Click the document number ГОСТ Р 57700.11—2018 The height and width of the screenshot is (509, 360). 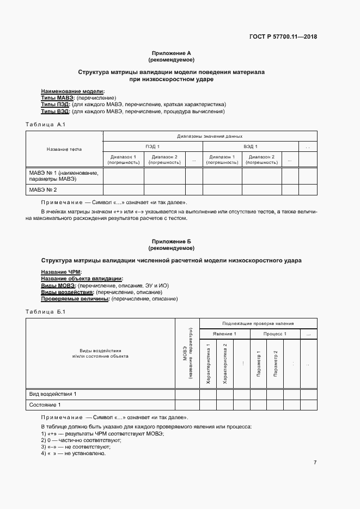pos(283,37)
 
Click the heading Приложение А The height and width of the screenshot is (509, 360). pos(171,53)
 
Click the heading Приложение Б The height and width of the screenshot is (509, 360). pos(171,241)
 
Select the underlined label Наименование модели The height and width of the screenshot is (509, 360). pos(73,91)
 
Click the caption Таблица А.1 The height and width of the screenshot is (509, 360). pos(46,125)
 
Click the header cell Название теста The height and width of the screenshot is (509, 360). pos(64,149)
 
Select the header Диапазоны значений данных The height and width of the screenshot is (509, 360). pos(210,136)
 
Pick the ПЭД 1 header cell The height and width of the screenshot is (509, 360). pos(152,146)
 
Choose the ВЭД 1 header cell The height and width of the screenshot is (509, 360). pos(251,146)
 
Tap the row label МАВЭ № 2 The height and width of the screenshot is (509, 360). pos(43,189)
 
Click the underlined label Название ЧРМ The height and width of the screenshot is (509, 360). pos(61,272)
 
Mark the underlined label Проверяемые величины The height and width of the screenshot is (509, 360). pos(75,299)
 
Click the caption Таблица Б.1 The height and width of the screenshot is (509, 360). pos(46,312)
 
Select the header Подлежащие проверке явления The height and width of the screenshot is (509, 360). pos(258,323)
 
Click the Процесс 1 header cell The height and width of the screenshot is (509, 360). pos(275,334)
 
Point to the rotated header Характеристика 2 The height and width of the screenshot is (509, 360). pos(225,364)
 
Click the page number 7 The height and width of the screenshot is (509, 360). pos(315,462)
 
